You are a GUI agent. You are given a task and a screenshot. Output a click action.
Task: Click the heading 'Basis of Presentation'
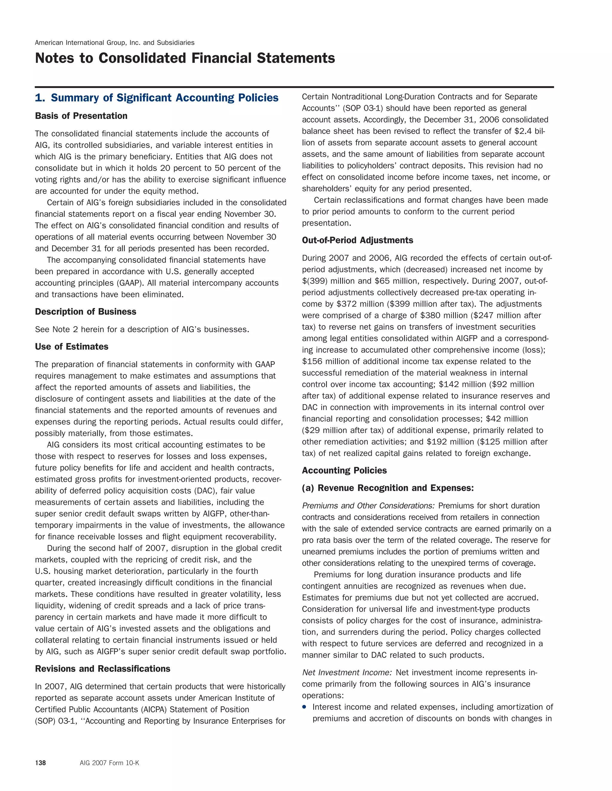[x=81, y=116]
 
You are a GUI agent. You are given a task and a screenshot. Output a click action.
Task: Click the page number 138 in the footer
[x=40, y=763]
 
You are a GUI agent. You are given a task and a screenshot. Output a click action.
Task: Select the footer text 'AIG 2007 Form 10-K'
[x=109, y=763]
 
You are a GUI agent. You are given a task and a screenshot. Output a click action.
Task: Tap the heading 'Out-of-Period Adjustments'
[x=357, y=241]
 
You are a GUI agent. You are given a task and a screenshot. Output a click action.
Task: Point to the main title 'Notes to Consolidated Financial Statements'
[x=185, y=58]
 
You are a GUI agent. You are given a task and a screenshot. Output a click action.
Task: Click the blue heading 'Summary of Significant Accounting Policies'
[x=164, y=98]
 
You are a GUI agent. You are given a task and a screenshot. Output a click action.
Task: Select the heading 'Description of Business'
[x=85, y=312]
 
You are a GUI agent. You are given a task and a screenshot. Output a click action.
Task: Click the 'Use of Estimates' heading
[x=71, y=347]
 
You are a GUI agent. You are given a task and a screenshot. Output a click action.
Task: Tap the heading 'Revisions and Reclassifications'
[x=102, y=669]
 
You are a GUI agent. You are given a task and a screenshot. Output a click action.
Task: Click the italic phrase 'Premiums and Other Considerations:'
[x=368, y=506]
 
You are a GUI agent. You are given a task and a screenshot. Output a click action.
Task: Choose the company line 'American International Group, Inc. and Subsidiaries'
[x=114, y=43]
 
